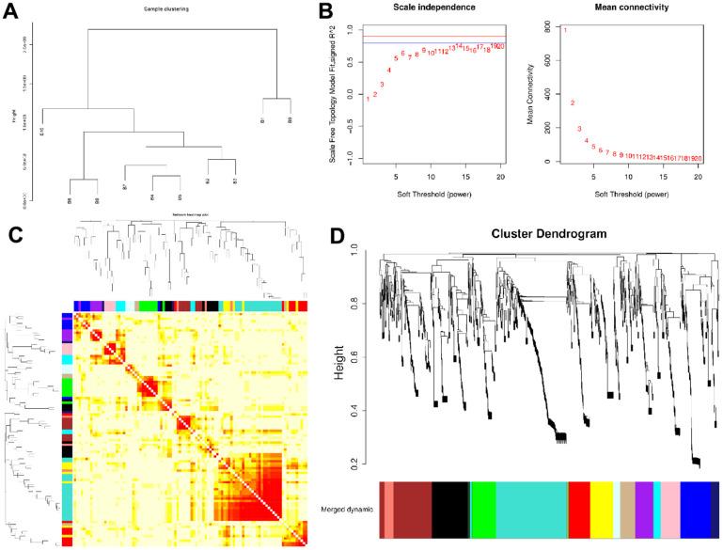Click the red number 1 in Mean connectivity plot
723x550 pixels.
click(565, 30)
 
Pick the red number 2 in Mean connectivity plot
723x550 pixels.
click(572, 103)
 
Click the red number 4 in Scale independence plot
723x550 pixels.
click(389, 71)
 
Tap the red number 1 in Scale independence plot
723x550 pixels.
click(368, 99)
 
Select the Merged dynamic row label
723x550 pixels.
click(343, 510)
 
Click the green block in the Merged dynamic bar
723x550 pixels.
click(483, 510)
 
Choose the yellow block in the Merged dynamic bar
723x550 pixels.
click(602, 510)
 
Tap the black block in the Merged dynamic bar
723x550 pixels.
click(450, 510)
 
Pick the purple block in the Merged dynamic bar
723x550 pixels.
click(644, 510)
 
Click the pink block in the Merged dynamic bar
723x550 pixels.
click(670, 510)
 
